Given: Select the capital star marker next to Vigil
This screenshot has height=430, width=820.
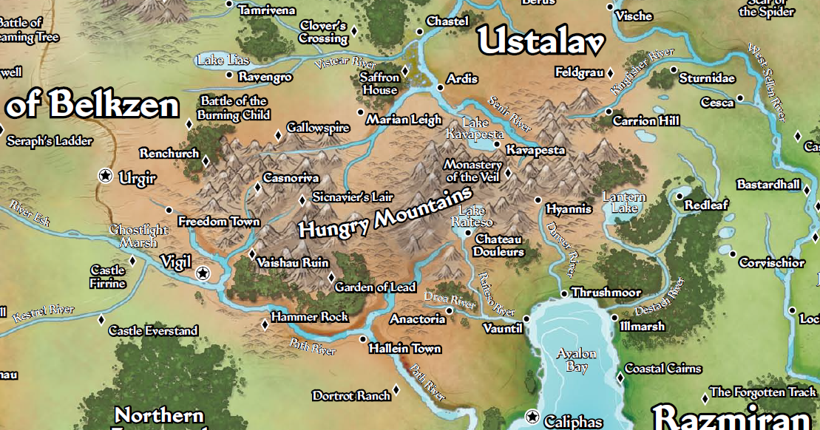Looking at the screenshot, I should (203, 274).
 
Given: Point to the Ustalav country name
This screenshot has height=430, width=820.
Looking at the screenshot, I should (541, 42).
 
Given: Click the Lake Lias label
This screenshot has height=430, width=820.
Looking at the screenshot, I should (223, 61).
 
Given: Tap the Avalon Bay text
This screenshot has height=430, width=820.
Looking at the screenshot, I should (576, 360).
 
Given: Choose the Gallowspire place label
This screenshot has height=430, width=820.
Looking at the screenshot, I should (318, 128).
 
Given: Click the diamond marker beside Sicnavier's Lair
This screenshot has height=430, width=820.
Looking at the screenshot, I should (302, 200).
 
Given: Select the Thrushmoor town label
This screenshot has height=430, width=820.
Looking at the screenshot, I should (606, 293).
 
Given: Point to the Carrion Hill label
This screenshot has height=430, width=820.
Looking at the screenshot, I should (646, 120).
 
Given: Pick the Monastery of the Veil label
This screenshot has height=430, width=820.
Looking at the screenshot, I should (472, 171).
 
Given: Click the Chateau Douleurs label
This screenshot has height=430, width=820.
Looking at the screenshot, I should (499, 245).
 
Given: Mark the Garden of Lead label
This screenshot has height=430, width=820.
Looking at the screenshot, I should (375, 287).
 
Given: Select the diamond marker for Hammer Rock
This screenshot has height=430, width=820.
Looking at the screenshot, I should (265, 324).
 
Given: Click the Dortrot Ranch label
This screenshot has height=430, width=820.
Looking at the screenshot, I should (351, 396).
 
